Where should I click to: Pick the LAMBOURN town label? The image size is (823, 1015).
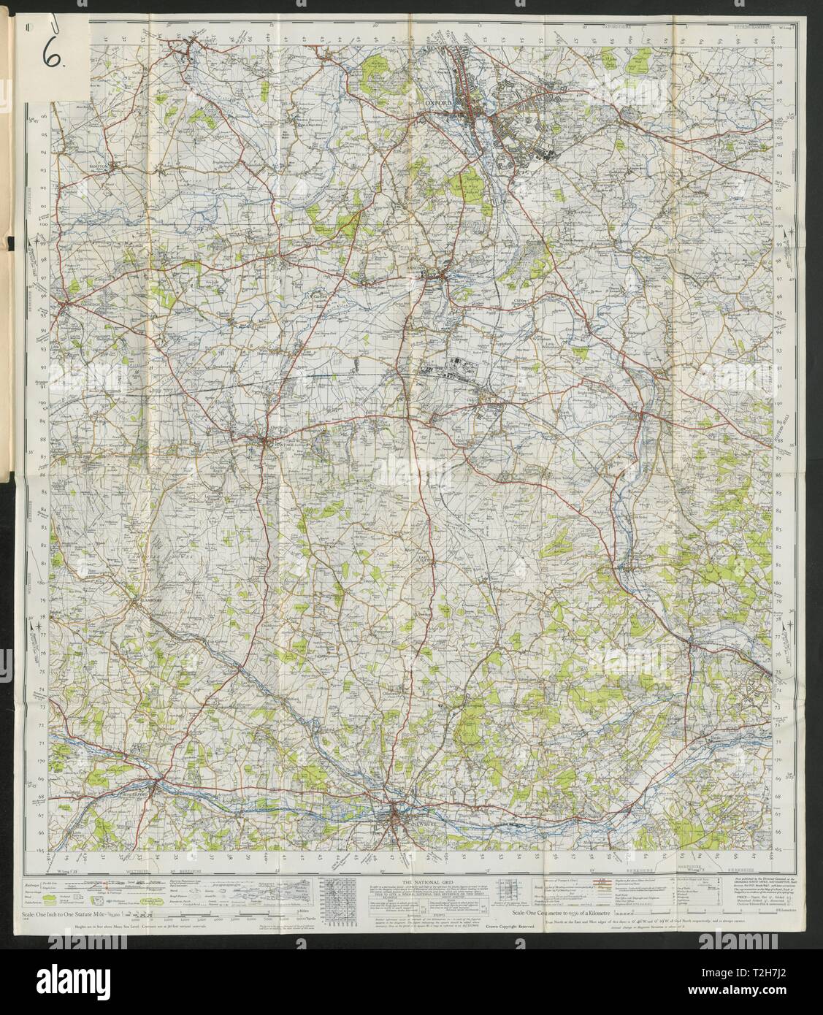148,600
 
